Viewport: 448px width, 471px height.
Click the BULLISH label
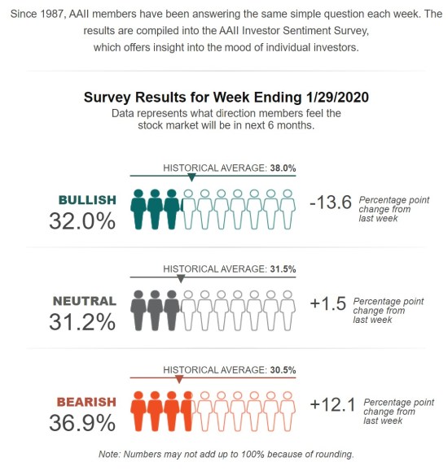click(x=87, y=199)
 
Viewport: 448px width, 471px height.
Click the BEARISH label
click(x=87, y=402)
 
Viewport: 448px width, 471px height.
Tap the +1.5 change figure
click(x=328, y=304)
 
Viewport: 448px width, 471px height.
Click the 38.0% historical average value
click(x=282, y=168)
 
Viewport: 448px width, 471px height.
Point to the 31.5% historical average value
click(x=282, y=268)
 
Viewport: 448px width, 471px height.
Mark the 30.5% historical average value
click(x=282, y=369)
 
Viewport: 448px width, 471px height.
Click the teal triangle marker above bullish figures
click(x=191, y=177)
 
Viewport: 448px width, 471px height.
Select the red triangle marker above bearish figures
click(x=179, y=378)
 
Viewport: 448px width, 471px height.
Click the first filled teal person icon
click(x=138, y=209)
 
